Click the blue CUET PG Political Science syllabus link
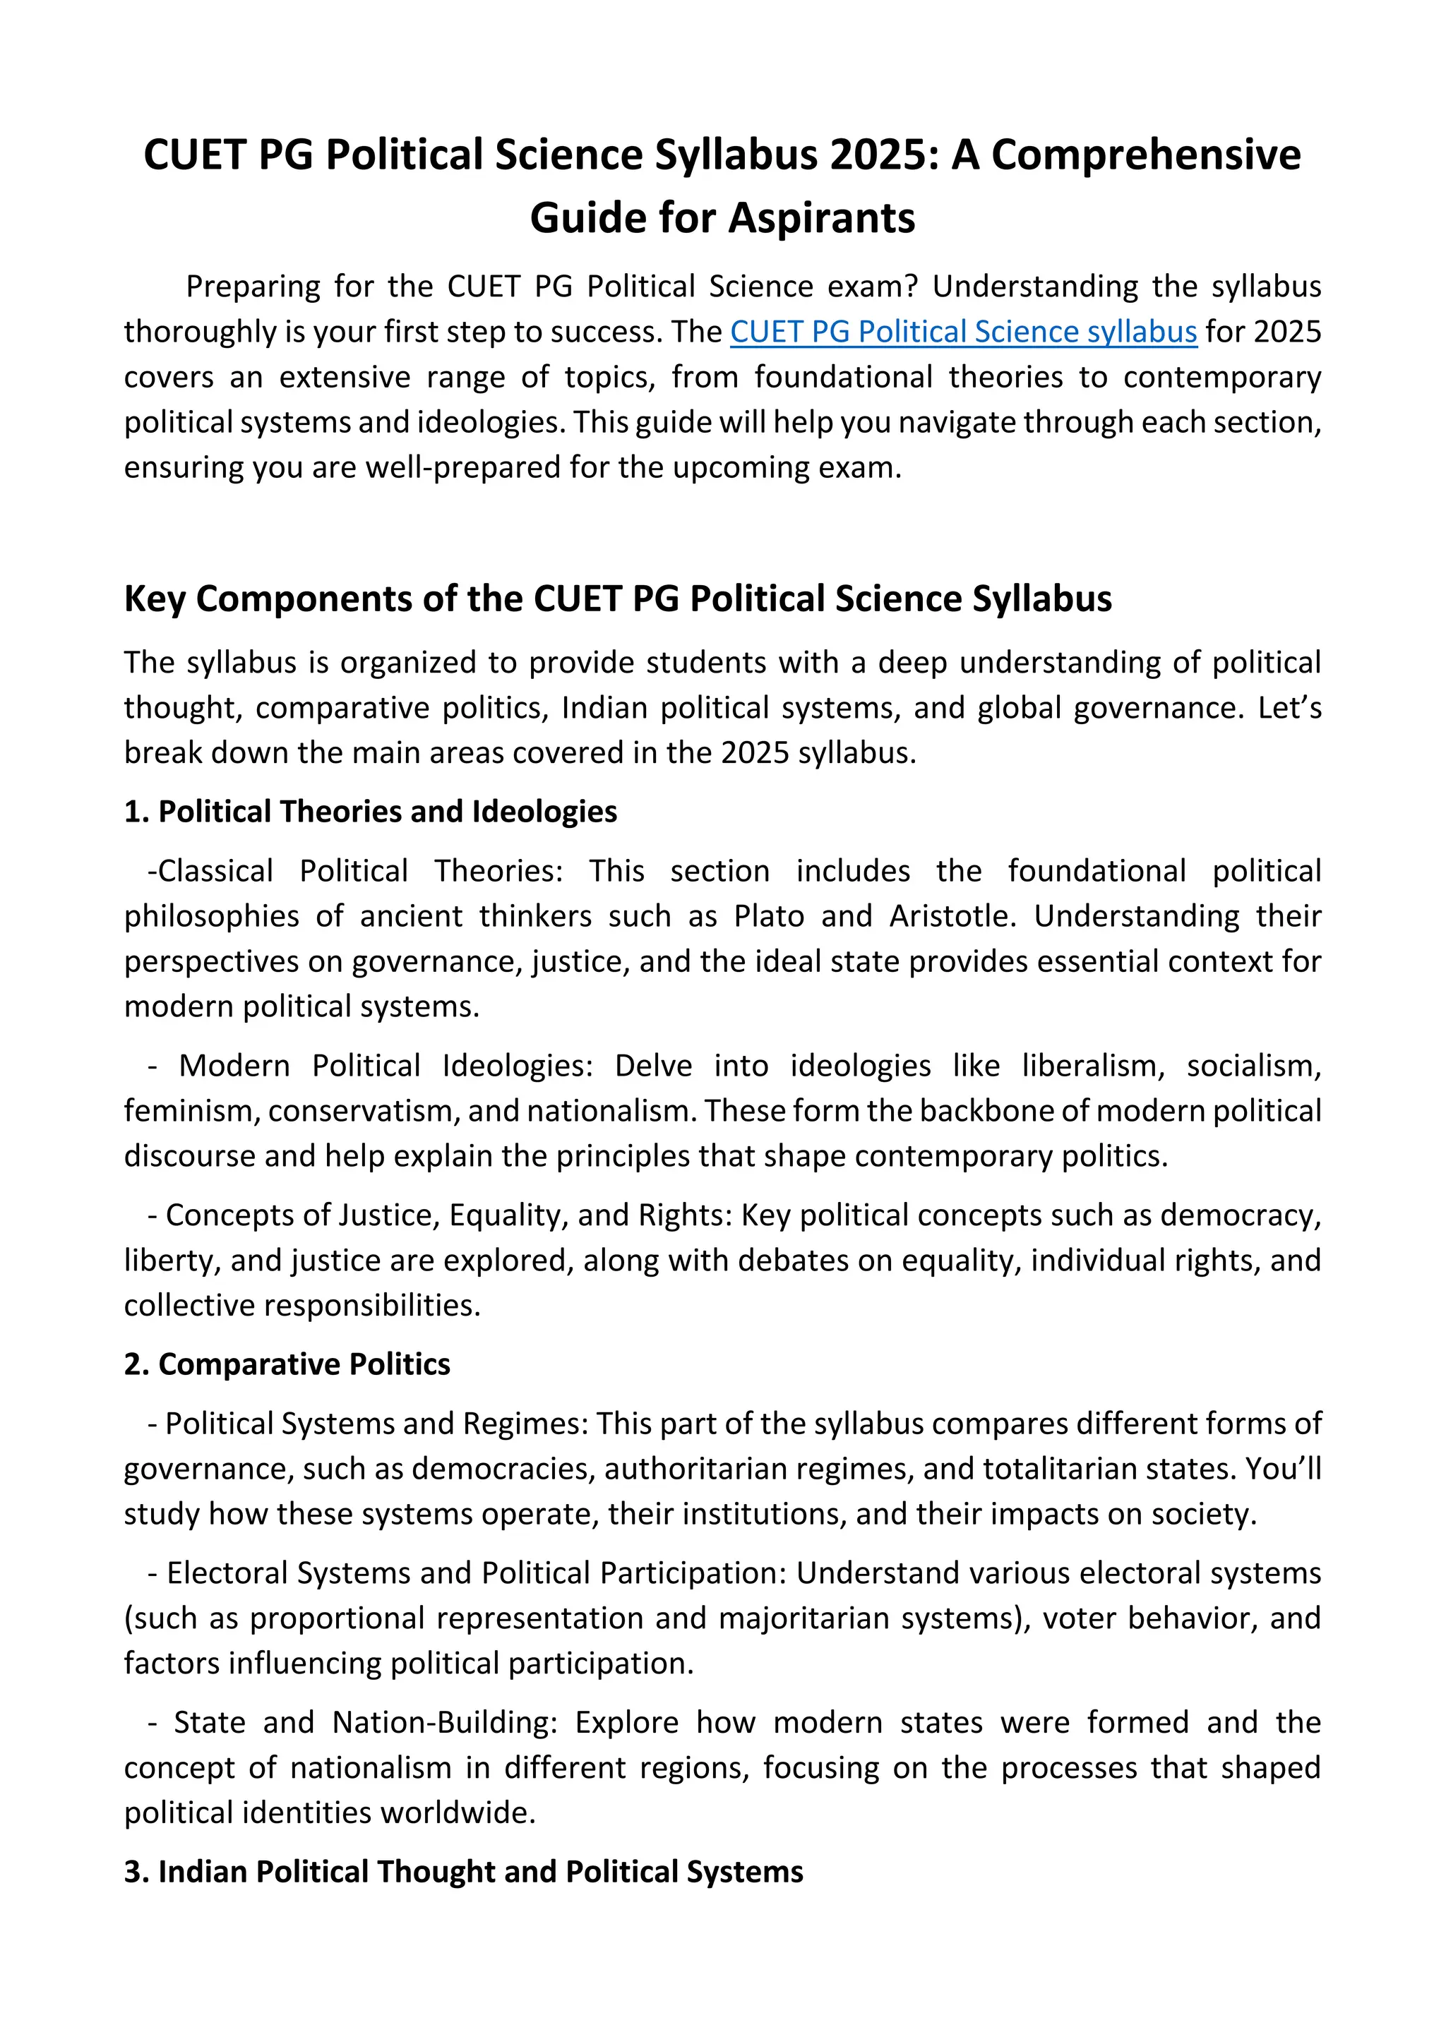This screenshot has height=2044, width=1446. (x=963, y=332)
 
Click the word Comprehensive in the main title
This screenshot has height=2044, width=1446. (x=1146, y=155)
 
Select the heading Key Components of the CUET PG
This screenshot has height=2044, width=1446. (x=617, y=599)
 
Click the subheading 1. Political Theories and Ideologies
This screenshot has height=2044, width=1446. (x=371, y=812)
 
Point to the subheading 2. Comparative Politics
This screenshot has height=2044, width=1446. (x=287, y=1364)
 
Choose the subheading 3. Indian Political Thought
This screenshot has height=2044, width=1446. (x=463, y=1871)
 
